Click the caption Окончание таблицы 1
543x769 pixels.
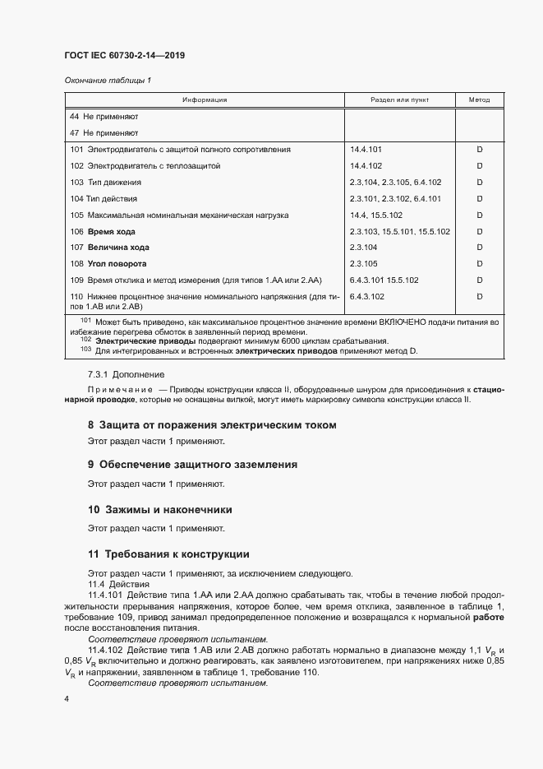(x=108, y=80)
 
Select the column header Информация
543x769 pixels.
(x=205, y=100)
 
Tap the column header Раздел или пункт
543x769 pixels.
(x=399, y=100)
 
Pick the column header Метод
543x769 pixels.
(x=479, y=100)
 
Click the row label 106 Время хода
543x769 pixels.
(x=103, y=231)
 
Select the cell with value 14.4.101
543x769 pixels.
(x=366, y=150)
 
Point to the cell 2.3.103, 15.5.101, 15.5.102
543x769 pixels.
(x=399, y=231)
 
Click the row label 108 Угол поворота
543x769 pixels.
(x=108, y=264)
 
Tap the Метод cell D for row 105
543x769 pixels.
(x=479, y=215)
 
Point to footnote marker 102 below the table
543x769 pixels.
(x=85, y=340)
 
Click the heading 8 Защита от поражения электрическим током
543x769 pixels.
(x=212, y=425)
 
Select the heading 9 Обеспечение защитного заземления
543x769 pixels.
(x=192, y=465)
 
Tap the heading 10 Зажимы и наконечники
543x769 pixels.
(x=160, y=509)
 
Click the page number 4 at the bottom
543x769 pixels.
(x=67, y=699)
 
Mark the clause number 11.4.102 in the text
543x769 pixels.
(x=104, y=650)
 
